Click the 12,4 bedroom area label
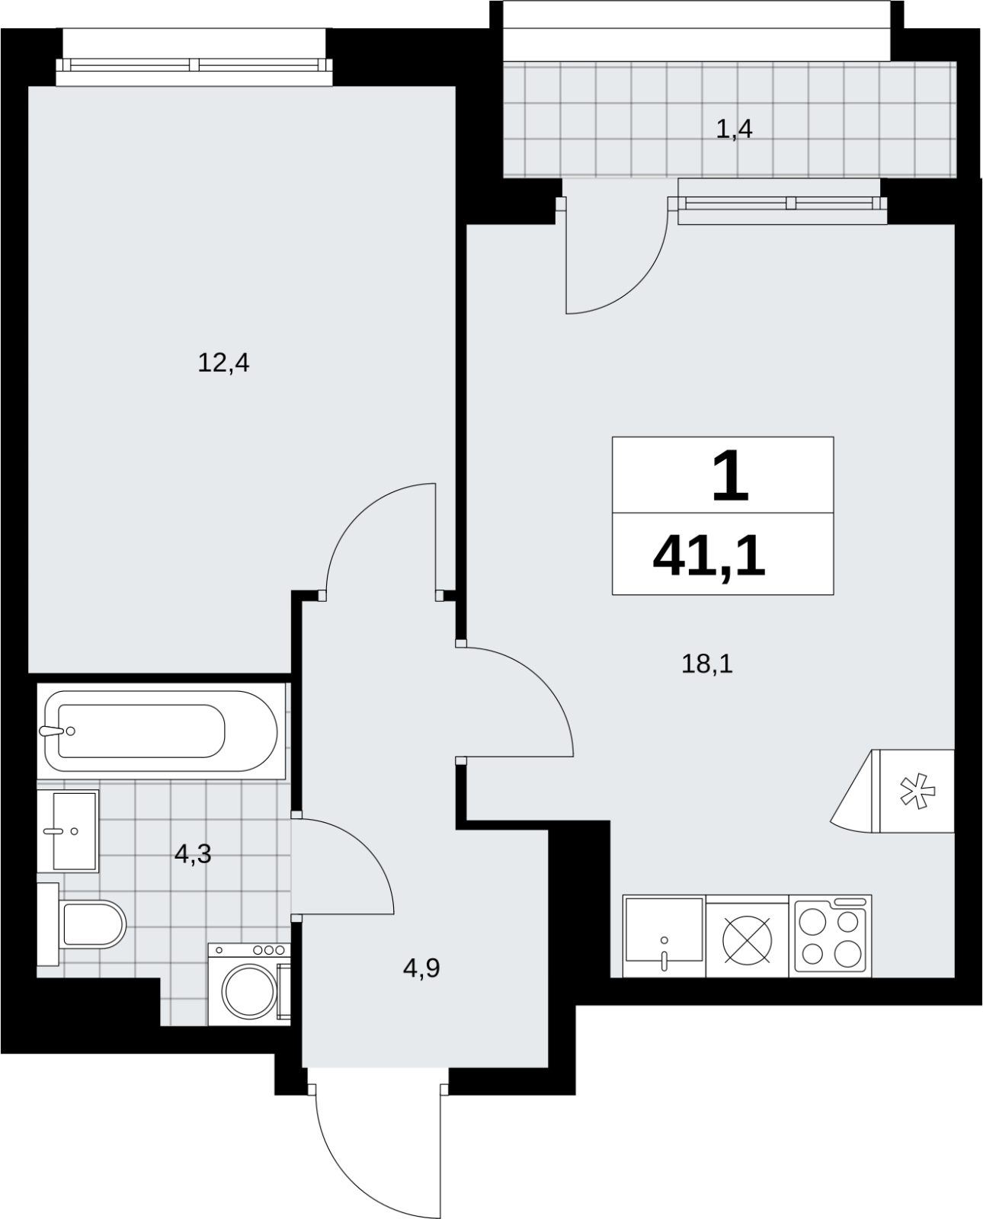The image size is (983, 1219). (x=223, y=363)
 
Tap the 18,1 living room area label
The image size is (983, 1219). (x=707, y=664)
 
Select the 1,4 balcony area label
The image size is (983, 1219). (x=735, y=130)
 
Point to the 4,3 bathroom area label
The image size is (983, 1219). (x=193, y=853)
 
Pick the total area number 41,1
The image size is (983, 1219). (x=709, y=558)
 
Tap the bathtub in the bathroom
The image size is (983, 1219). (x=161, y=731)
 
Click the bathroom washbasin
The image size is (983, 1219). (x=68, y=831)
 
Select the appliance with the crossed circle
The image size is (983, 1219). (x=748, y=936)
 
